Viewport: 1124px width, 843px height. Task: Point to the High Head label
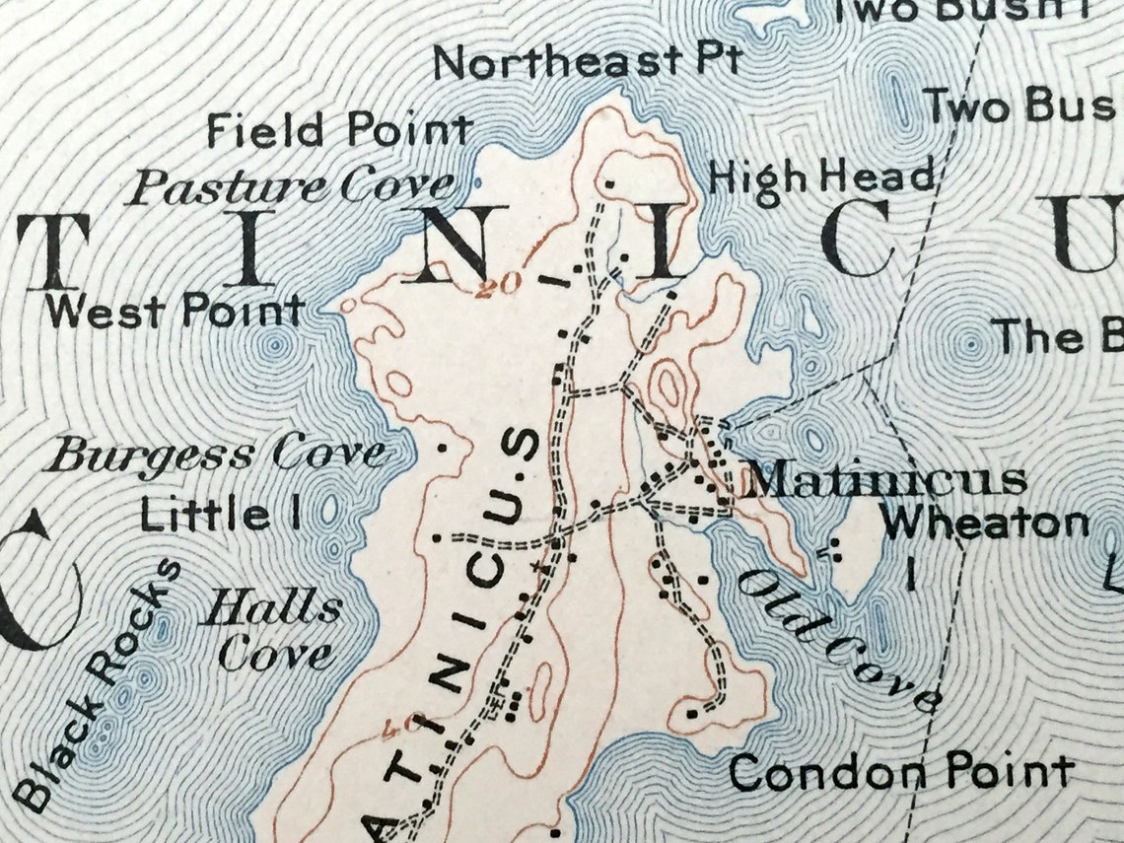[x=820, y=177]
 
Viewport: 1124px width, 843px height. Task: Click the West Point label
[x=175, y=312]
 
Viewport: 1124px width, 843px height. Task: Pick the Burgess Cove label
[x=217, y=456]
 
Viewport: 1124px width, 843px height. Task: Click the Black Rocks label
[x=99, y=680]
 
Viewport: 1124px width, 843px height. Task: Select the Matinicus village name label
[x=884, y=481]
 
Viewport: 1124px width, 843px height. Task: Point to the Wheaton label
[x=985, y=523]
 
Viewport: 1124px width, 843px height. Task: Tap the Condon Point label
[x=900, y=772]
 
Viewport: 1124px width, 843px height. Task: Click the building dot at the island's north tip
[x=610, y=182]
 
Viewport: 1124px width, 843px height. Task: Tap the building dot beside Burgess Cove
[x=442, y=447]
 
